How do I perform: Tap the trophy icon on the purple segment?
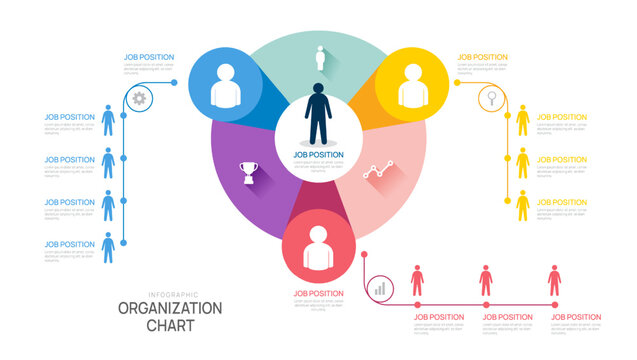249,171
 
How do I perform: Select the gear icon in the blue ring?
139,98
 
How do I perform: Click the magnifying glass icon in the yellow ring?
492,98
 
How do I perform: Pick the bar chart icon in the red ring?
379,288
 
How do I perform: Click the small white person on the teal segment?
321,58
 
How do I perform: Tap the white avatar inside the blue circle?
225,86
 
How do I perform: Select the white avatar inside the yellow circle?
412,86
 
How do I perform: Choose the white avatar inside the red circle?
318,250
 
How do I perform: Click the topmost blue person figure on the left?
108,121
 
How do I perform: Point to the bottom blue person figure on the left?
108,247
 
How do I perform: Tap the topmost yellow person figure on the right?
522,121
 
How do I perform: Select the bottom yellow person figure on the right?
522,205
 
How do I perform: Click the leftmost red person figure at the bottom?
417,281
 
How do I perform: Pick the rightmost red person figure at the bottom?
554,281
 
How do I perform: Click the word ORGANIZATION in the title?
170,308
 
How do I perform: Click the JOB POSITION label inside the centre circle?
318,155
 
